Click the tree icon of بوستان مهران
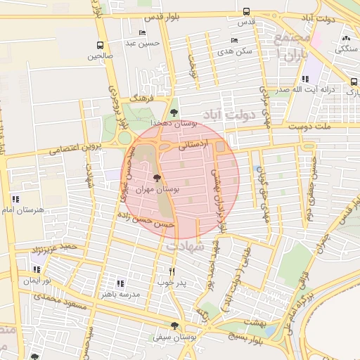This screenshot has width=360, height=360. pyautogui.click(x=156, y=178)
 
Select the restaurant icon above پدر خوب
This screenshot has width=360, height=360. pyautogui.click(x=172, y=271)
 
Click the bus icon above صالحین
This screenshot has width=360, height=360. pyautogui.click(x=99, y=44)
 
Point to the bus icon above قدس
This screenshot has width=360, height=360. pyautogui.click(x=246, y=12)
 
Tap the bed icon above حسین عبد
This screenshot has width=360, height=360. pyautogui.click(x=143, y=32)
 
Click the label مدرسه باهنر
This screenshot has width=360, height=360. pyautogui.click(x=119, y=295)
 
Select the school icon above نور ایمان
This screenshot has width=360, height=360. pyautogui.click(x=35, y=269)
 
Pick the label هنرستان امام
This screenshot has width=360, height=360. pyautogui.click(x=22, y=210)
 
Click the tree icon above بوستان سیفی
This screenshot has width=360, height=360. pyautogui.click(x=174, y=326)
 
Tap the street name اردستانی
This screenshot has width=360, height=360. pyautogui.click(x=191, y=148)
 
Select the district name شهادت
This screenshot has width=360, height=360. pyautogui.click(x=184, y=247)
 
